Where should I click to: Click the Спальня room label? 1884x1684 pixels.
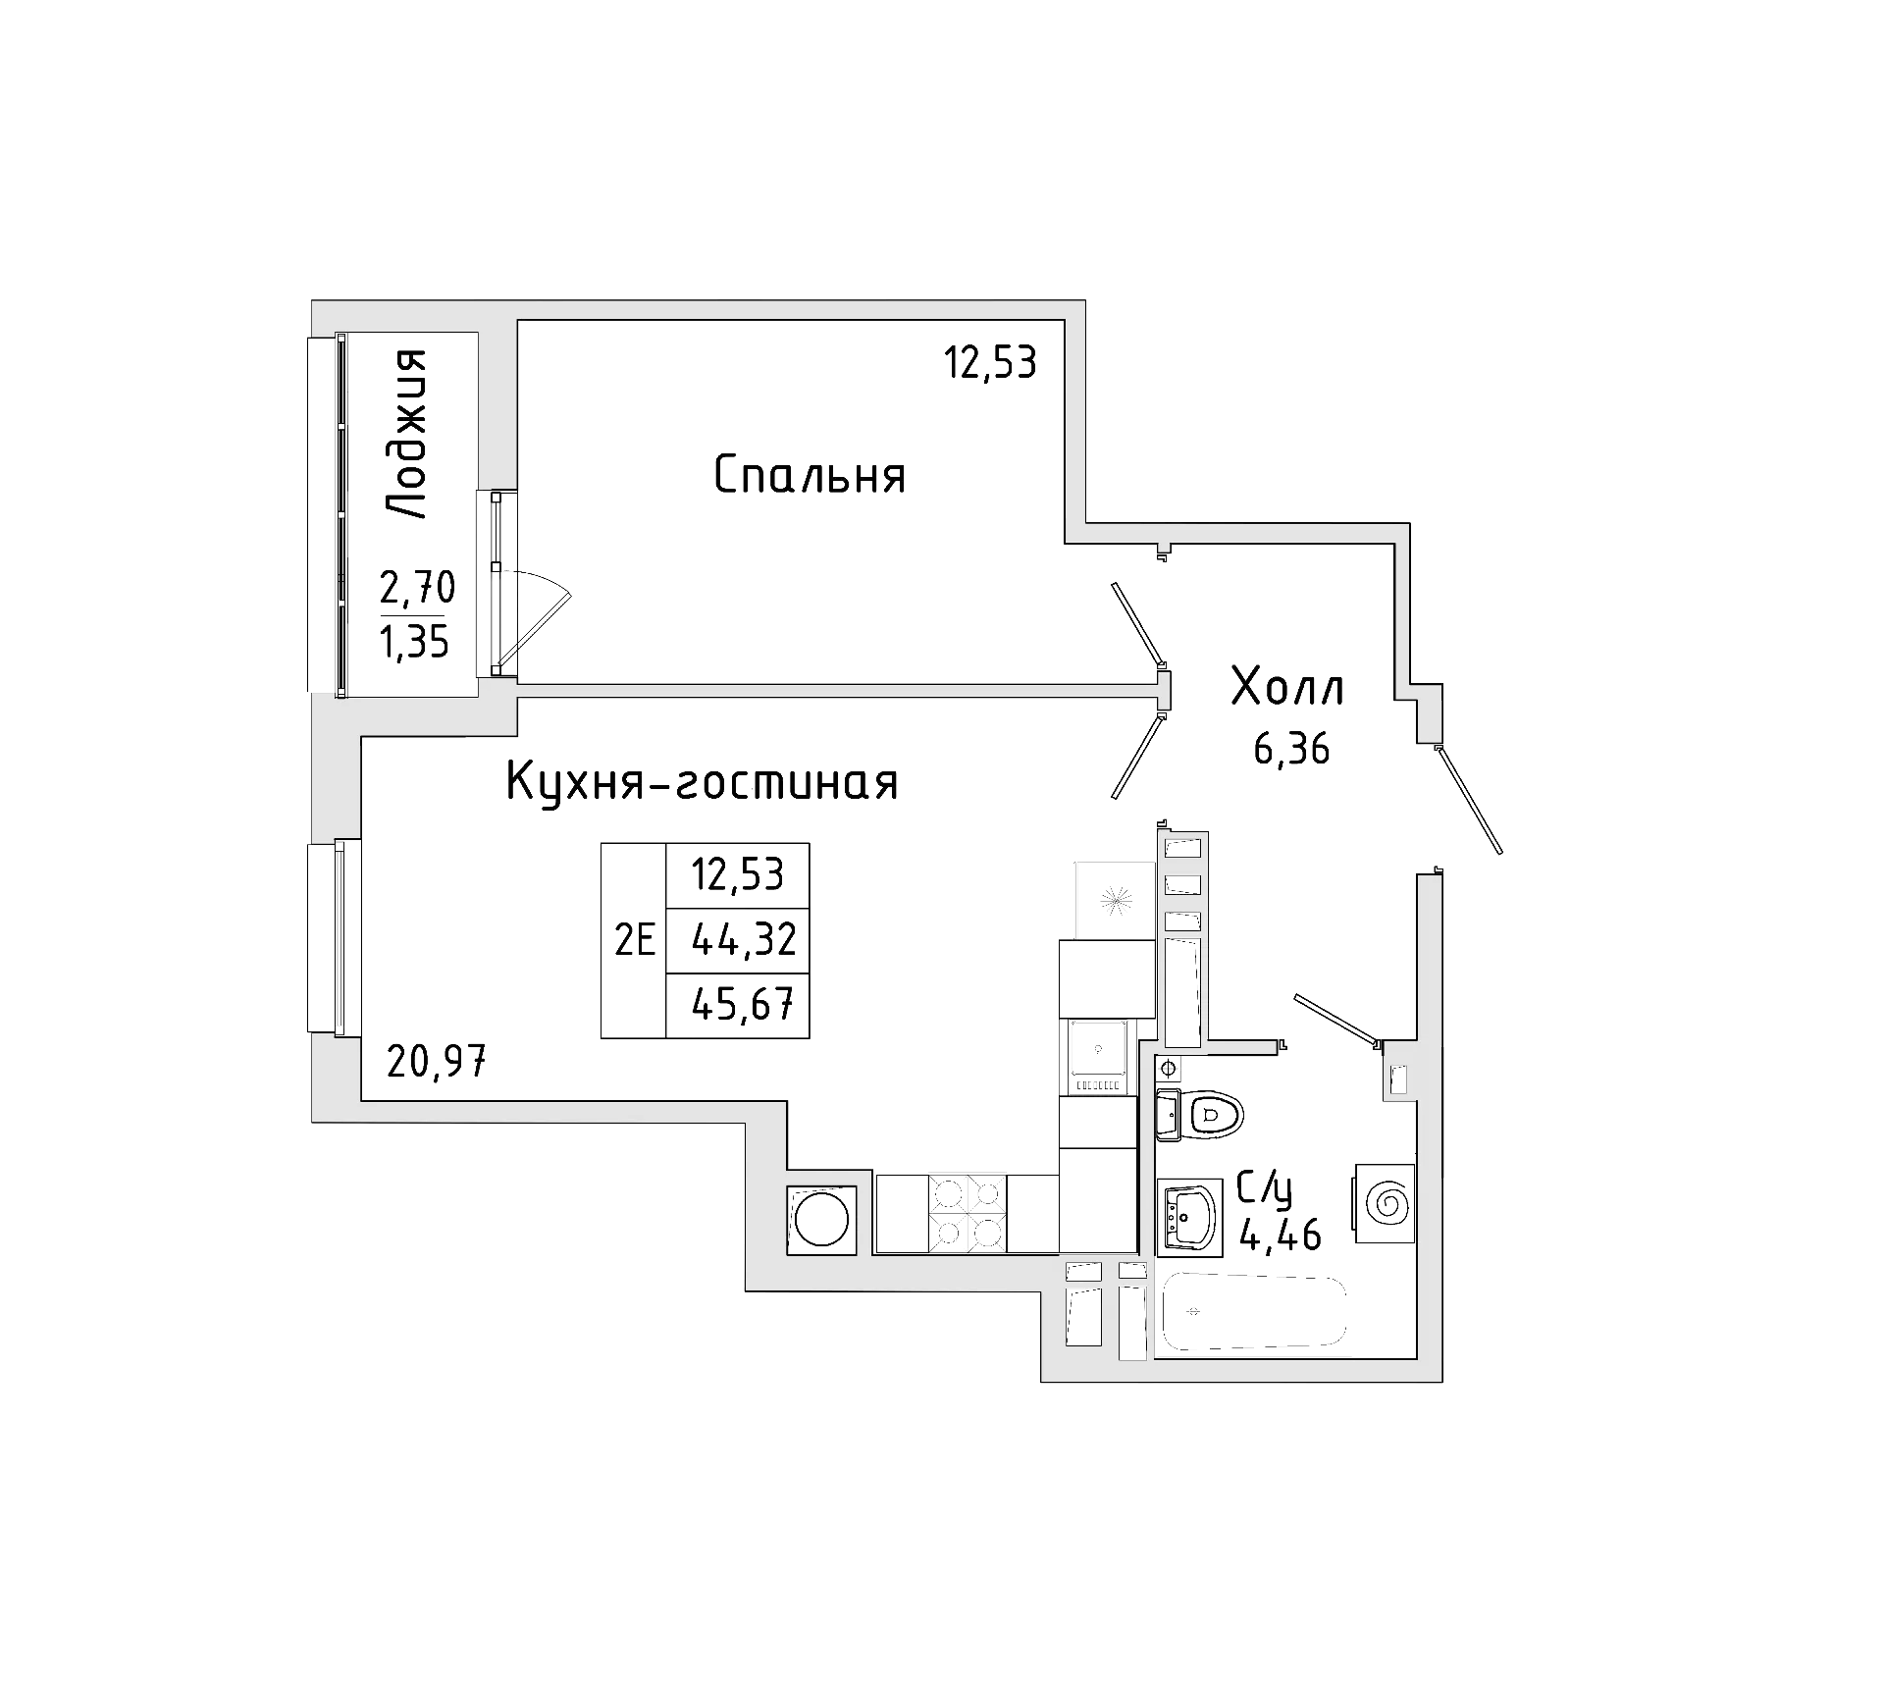[x=810, y=476]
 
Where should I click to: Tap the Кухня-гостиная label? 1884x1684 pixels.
[x=702, y=783]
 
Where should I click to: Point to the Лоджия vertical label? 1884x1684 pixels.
[x=405, y=434]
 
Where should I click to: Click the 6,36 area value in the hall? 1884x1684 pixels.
[x=1291, y=750]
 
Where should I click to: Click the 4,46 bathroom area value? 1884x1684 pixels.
[x=1281, y=1235]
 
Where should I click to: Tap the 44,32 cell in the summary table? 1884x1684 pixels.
[x=743, y=941]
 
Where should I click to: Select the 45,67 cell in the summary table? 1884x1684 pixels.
[x=743, y=1004]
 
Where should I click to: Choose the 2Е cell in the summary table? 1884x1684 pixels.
[x=634, y=941]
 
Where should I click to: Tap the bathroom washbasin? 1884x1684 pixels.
[x=1188, y=1218]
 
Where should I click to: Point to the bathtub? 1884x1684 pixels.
[x=1253, y=1312]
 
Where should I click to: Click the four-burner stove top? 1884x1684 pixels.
[x=967, y=1213]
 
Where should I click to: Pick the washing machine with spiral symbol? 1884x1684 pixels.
[x=1386, y=1203]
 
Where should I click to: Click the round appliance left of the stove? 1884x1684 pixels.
[x=821, y=1220]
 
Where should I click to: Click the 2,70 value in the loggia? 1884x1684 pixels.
[x=417, y=588]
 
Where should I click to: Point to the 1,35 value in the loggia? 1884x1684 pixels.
[x=415, y=642]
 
